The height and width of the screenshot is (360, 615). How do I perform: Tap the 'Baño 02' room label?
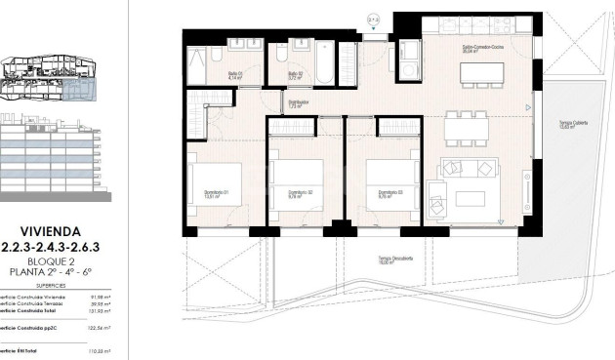(x=294, y=74)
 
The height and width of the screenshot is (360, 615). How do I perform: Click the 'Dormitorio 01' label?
(x=215, y=192)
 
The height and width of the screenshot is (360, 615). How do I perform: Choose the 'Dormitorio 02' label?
(x=301, y=193)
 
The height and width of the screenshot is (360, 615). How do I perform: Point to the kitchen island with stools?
(x=475, y=73)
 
